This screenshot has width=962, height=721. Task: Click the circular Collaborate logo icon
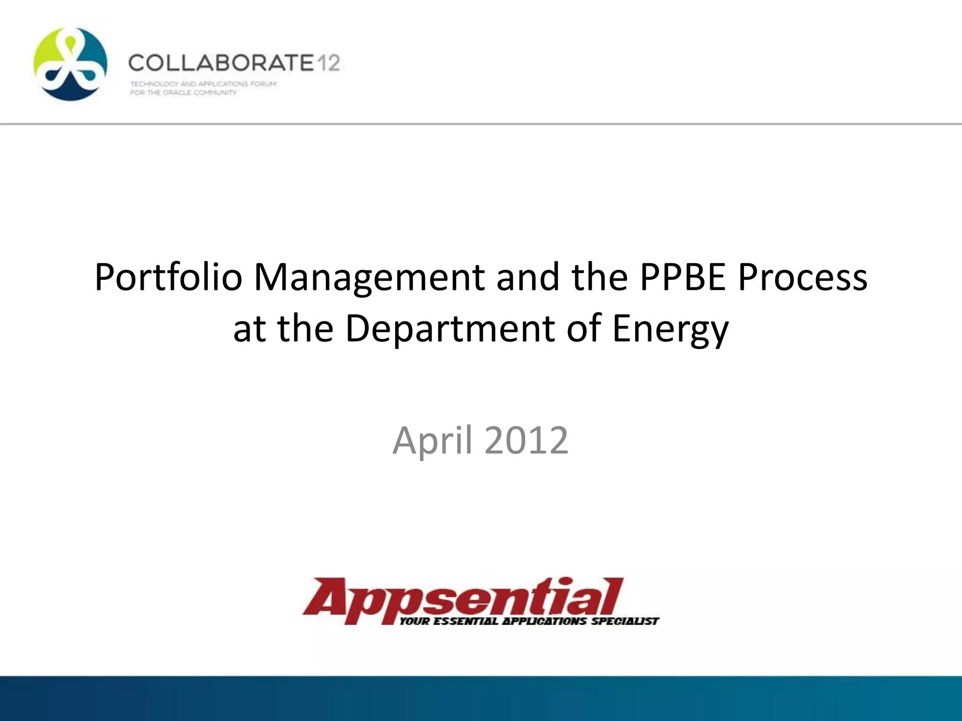click(x=70, y=64)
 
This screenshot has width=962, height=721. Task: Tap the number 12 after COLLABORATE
click(x=327, y=63)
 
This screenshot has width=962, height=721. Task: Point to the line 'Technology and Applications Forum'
click(x=203, y=84)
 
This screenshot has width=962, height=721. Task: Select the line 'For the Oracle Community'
click(x=183, y=92)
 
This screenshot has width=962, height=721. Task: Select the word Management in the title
click(x=369, y=278)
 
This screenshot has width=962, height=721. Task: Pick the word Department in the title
click(x=450, y=329)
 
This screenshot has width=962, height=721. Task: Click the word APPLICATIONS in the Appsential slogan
click(x=545, y=621)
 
